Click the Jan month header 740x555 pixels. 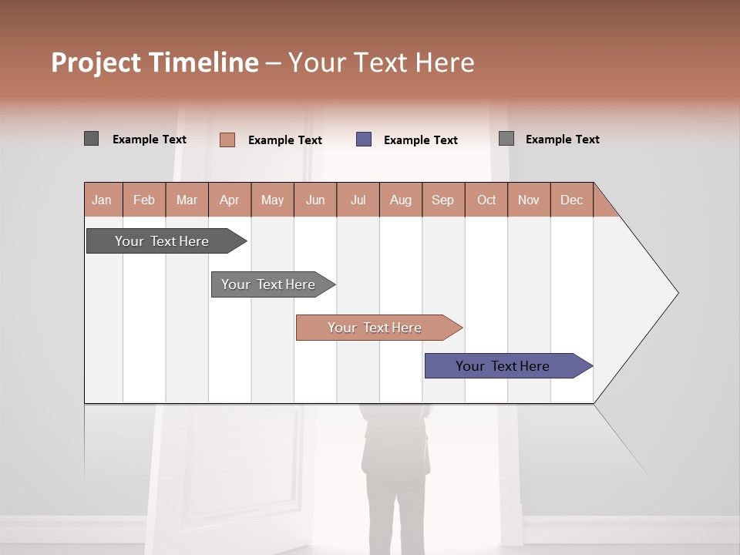[102, 200]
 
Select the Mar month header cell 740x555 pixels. [187, 200]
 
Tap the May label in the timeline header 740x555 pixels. [272, 200]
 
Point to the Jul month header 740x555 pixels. [358, 200]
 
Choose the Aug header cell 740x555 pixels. [400, 200]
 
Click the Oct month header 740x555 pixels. [486, 200]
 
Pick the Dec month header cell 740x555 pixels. [571, 200]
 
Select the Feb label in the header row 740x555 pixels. [144, 200]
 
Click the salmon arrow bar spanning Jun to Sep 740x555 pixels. [375, 328]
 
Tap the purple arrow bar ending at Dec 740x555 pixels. [503, 366]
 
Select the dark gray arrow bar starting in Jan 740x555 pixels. [162, 241]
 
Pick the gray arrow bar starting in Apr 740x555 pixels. [268, 284]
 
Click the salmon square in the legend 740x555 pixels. [227, 140]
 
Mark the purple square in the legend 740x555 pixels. [364, 140]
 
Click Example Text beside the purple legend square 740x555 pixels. [421, 140]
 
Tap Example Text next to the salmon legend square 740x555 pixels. [285, 140]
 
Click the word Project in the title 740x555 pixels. [95, 62]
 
